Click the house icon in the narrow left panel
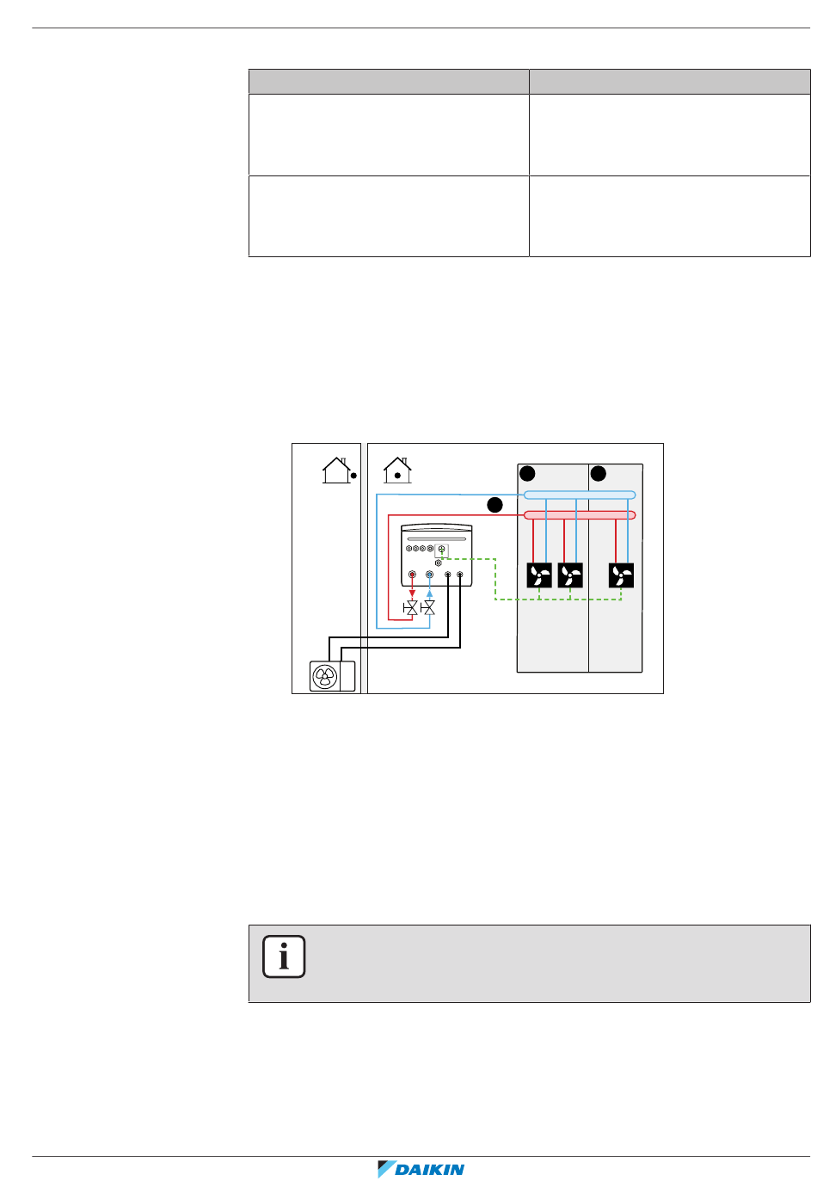tap(336, 470)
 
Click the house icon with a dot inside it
tap(397, 470)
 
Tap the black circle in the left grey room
tap(528, 473)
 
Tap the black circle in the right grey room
tap(599, 473)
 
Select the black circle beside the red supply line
tap(494, 505)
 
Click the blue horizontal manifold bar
tap(580, 495)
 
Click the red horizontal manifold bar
tap(580, 515)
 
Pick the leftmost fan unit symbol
tap(539, 575)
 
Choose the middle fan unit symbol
tap(570, 575)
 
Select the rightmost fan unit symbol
tap(621, 575)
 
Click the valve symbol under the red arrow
tap(411, 607)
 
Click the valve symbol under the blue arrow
tap(429, 607)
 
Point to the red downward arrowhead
tap(412, 593)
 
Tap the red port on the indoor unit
tap(412, 574)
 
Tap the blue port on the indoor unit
tap(429, 574)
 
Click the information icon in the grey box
tap(285, 956)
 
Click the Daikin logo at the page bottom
tap(421, 1169)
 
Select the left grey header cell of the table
tap(389, 82)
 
